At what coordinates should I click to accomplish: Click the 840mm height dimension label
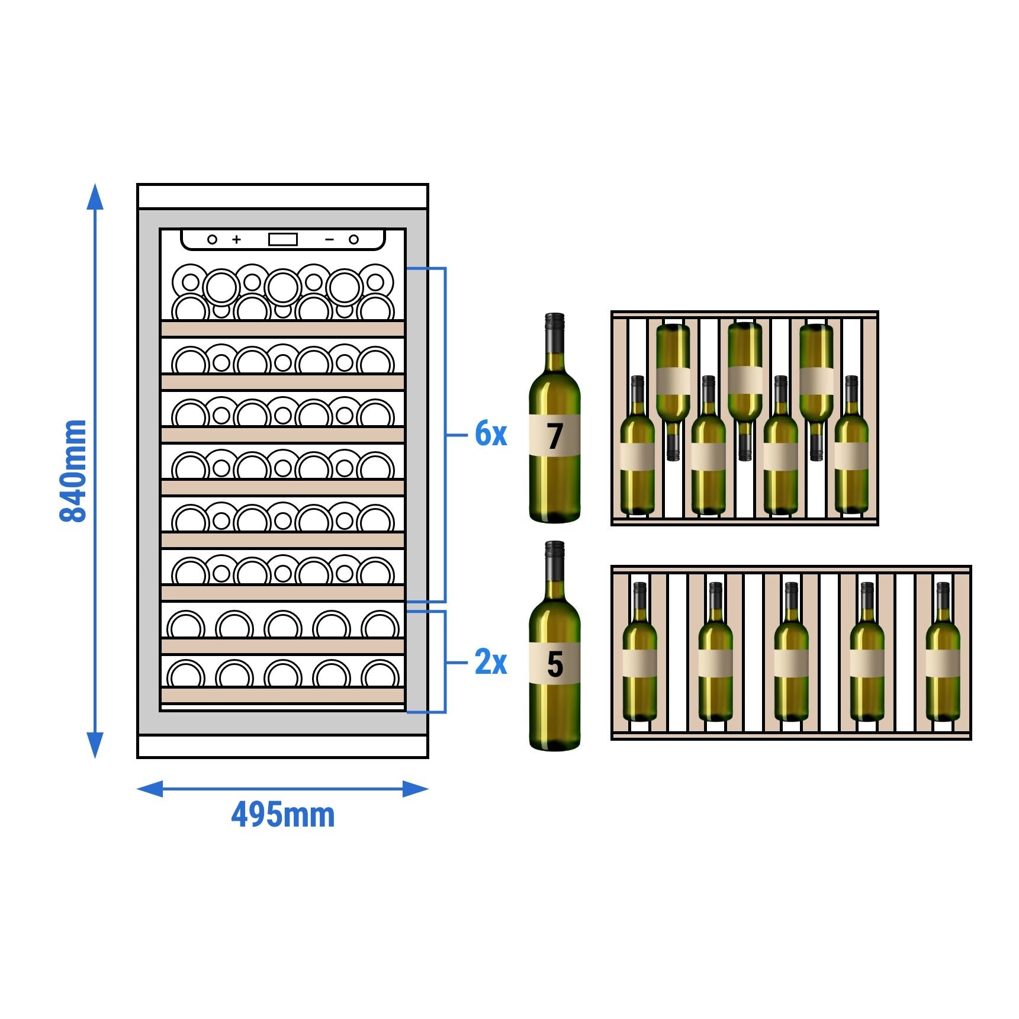click(74, 471)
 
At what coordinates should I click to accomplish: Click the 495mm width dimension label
click(282, 815)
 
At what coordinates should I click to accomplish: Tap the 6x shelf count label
click(491, 434)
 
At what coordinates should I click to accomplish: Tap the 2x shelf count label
click(491, 662)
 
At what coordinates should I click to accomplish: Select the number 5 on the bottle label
click(555, 664)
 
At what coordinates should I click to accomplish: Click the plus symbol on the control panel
click(237, 239)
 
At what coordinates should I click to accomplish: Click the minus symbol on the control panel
click(330, 239)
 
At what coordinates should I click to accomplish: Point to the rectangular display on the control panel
click(283, 239)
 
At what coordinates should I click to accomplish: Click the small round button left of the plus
click(212, 239)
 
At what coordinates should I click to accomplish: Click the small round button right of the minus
click(353, 239)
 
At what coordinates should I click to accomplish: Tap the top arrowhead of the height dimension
click(95, 197)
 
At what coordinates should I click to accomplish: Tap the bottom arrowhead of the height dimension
click(95, 745)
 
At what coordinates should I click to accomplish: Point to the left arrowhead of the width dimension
click(149, 789)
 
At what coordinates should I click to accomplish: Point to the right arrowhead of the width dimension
click(416, 789)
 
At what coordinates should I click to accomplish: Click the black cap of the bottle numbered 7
click(555, 322)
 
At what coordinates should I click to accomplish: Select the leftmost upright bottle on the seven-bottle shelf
click(637, 450)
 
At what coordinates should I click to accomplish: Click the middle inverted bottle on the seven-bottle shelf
click(745, 385)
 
